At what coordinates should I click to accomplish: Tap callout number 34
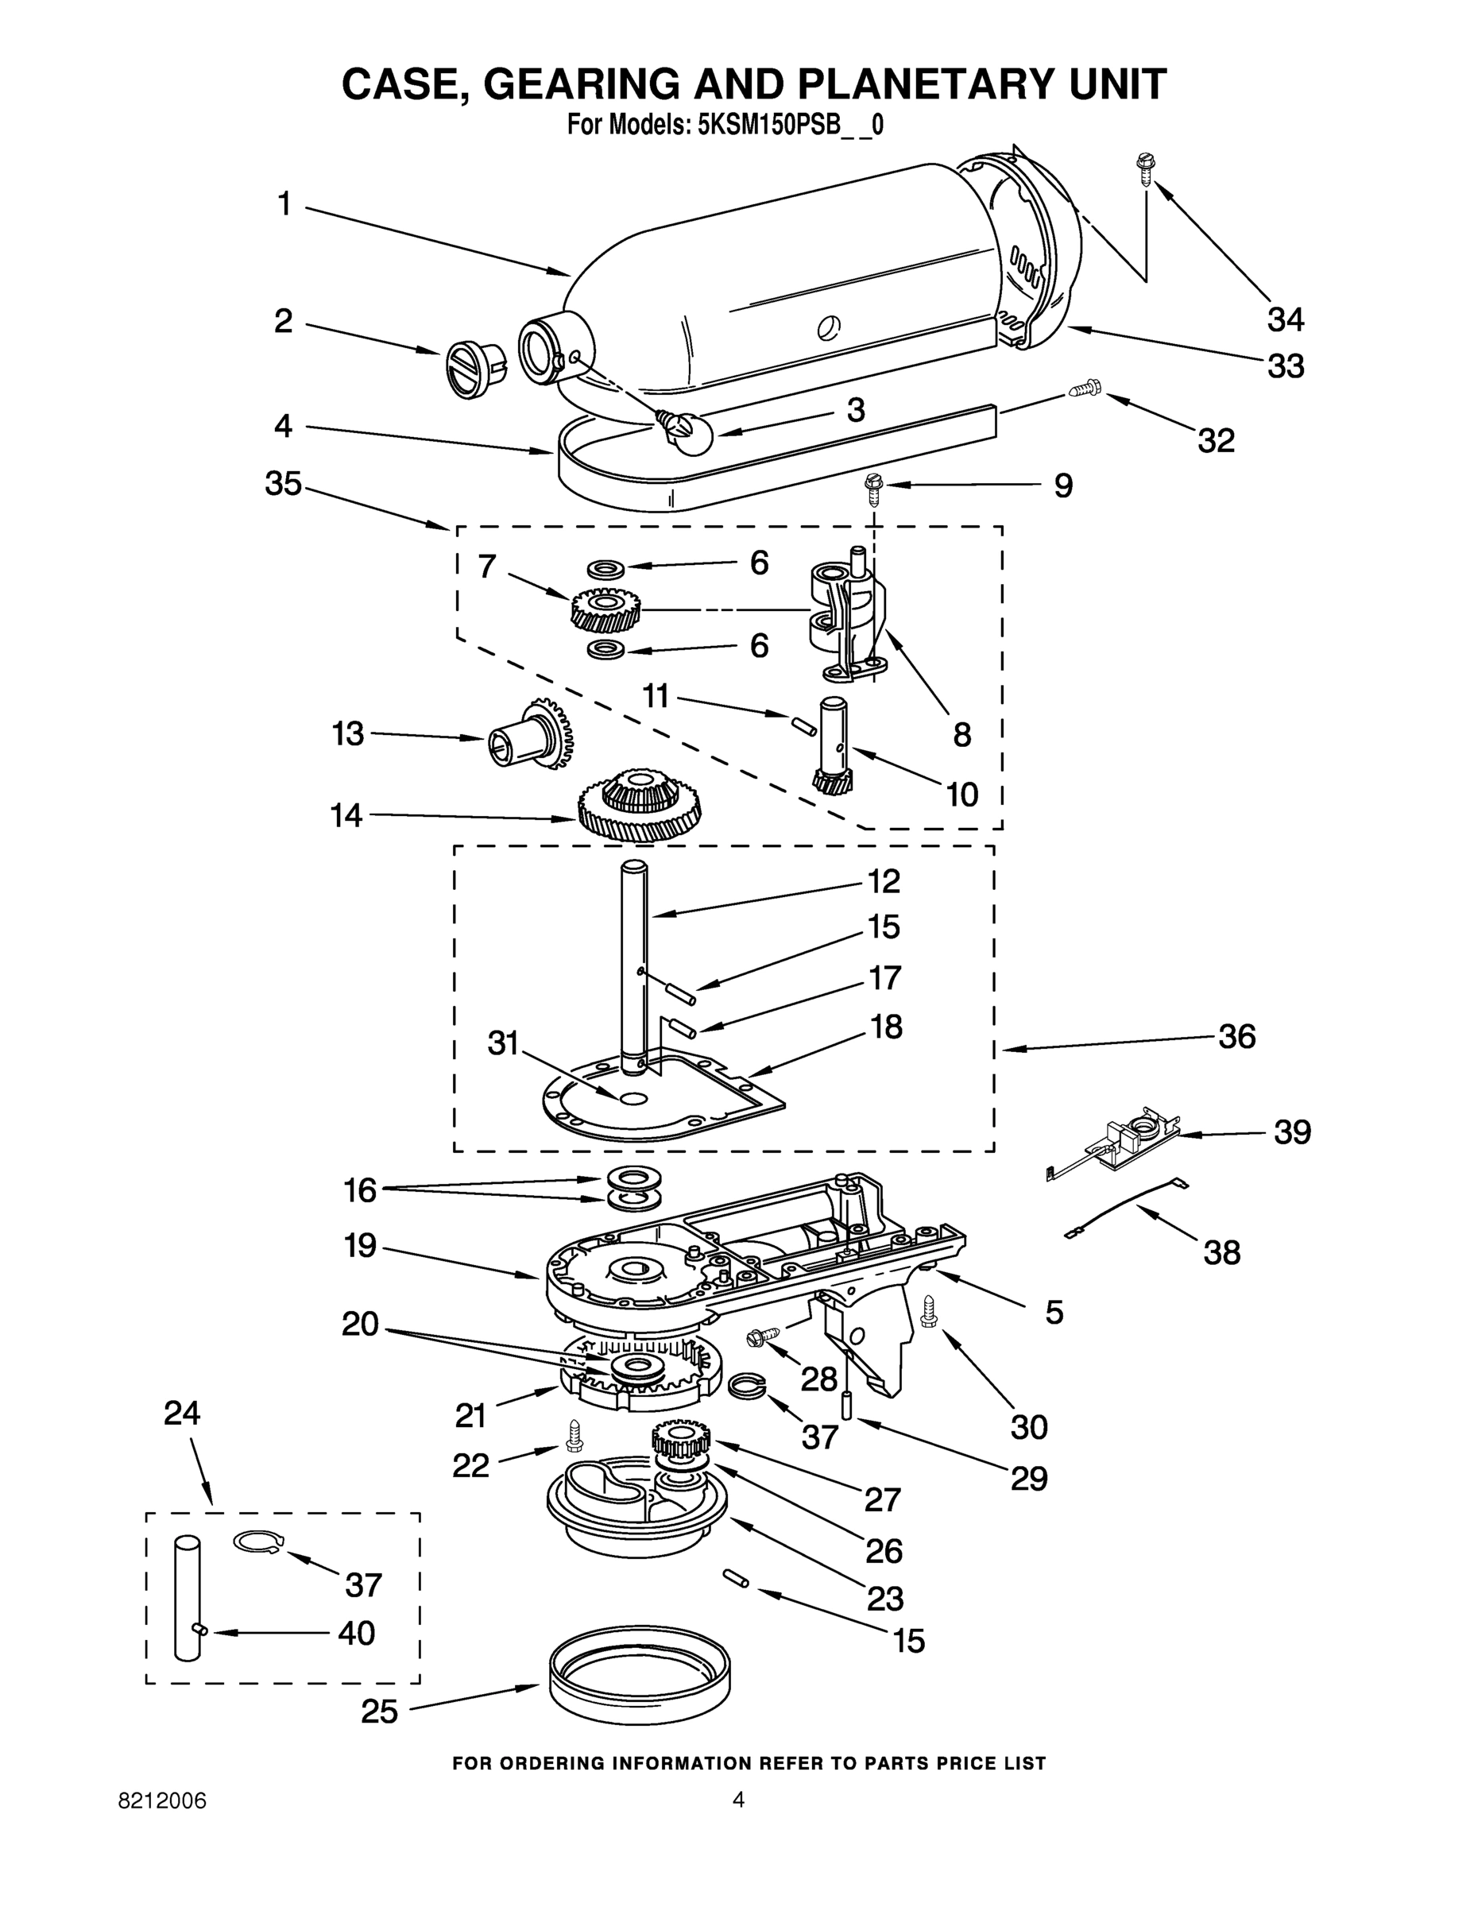pyautogui.click(x=1286, y=319)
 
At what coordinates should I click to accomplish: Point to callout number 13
pyautogui.click(x=347, y=733)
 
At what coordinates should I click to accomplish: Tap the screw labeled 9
pyautogui.click(x=872, y=487)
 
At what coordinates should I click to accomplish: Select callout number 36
pyautogui.click(x=1236, y=1036)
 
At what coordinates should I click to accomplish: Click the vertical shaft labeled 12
pyautogui.click(x=635, y=961)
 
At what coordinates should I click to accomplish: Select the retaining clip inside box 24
pyautogui.click(x=257, y=1542)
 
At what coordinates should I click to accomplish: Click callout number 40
pyautogui.click(x=356, y=1634)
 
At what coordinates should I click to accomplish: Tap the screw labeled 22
pyautogui.click(x=573, y=1432)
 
